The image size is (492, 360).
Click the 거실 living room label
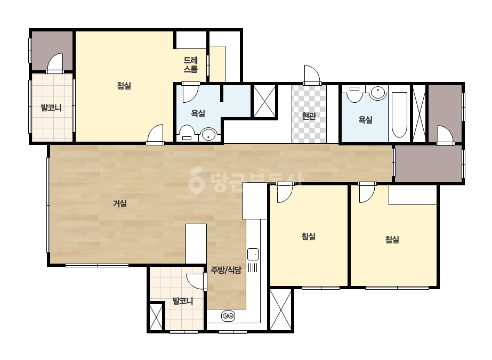pos(120,203)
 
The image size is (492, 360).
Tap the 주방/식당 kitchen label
pos(226,270)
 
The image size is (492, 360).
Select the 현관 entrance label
pos(309,116)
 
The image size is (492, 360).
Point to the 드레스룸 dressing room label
pos(191,64)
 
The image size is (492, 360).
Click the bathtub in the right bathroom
pos(399,115)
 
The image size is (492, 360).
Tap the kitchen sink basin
pos(253,254)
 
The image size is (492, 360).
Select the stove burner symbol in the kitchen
pos(228,316)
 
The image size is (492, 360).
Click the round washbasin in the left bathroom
pos(208,135)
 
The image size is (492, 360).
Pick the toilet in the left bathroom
pos(187,134)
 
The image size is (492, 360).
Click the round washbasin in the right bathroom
pos(378,93)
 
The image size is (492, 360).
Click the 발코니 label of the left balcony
pos(51,108)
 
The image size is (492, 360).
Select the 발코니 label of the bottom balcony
pos(183,301)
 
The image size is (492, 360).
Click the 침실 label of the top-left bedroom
pos(124,86)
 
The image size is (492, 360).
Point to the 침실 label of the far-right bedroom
pos(392,240)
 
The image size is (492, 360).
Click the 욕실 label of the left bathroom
pos(198,113)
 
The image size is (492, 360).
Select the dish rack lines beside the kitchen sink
pos(253,267)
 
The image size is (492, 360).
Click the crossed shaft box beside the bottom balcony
pos(156,316)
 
